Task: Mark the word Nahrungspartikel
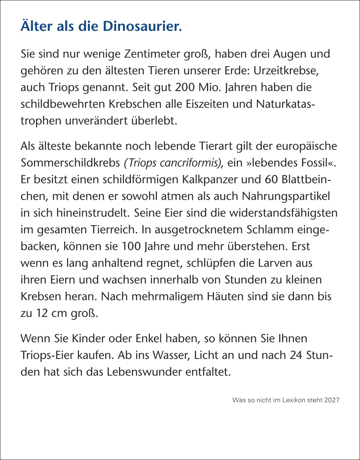(x=286, y=196)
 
